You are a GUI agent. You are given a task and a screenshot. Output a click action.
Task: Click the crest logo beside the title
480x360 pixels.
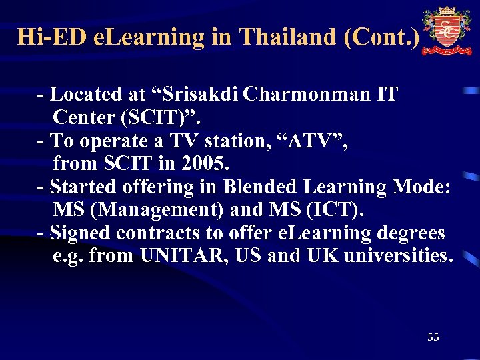point(446,31)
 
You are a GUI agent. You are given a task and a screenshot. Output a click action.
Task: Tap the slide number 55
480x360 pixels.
point(433,337)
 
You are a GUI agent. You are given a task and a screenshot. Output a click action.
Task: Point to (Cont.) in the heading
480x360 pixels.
point(382,36)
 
